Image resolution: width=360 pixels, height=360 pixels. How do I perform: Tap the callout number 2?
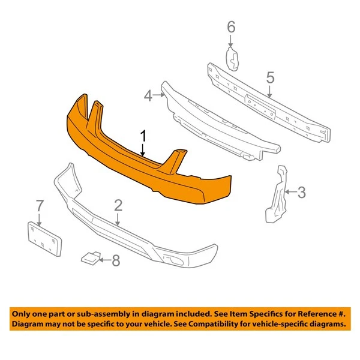pyautogui.click(x=118, y=205)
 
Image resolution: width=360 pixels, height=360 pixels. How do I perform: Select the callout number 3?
pyautogui.click(x=302, y=193)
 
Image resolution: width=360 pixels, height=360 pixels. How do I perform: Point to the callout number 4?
pyautogui.click(x=148, y=95)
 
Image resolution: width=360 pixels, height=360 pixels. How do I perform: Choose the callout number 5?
pyautogui.click(x=270, y=77)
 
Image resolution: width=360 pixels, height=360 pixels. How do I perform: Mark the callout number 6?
pyautogui.click(x=231, y=27)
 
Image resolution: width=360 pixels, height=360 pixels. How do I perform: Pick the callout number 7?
pyautogui.click(x=40, y=206)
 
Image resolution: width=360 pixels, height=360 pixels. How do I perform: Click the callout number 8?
pyautogui.click(x=116, y=260)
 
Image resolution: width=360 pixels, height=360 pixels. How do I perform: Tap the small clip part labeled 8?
pyautogui.click(x=91, y=258)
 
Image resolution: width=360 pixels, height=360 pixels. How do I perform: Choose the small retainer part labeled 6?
pyautogui.click(x=232, y=58)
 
